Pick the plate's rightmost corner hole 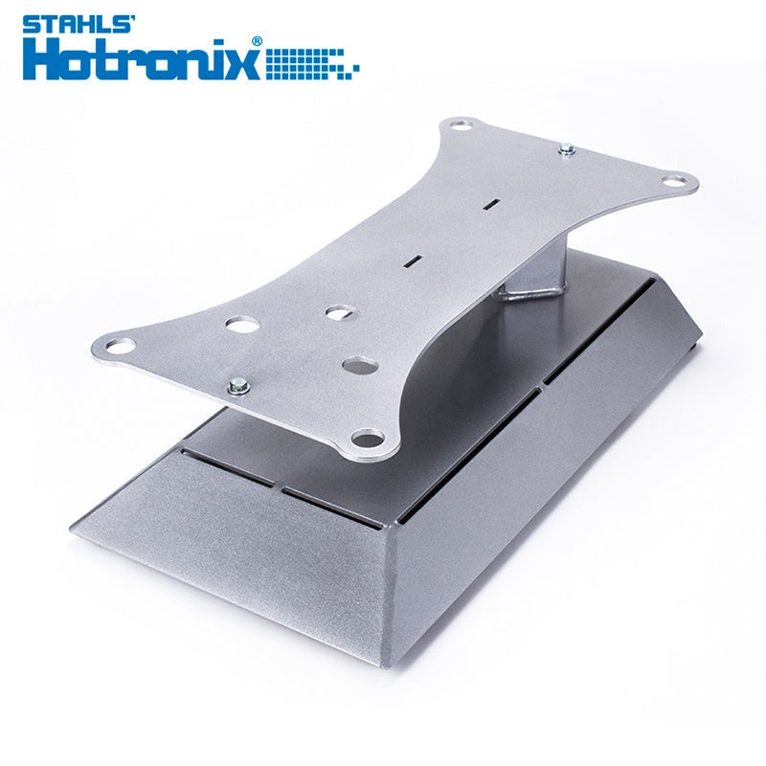click(x=678, y=179)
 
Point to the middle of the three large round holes click(x=336, y=312)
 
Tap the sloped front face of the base click(x=239, y=555)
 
